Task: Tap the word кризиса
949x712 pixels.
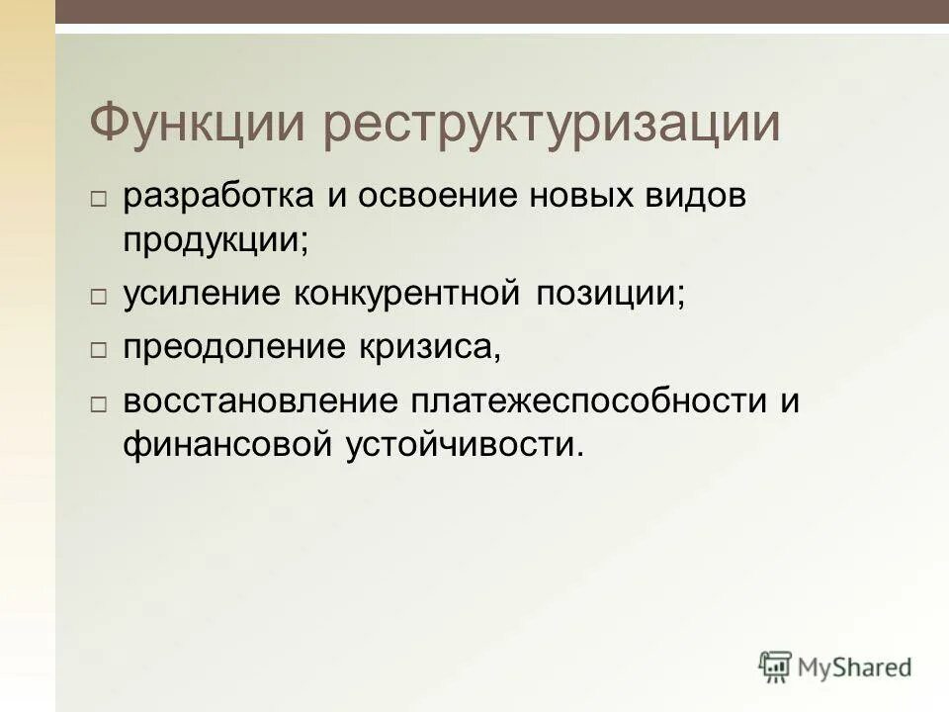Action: (415, 347)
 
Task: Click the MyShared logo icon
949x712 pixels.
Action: (776, 666)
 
